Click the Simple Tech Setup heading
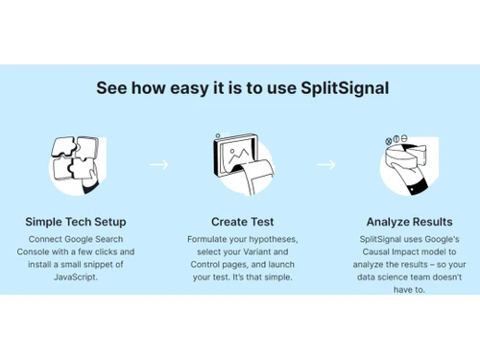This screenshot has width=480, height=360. click(x=76, y=222)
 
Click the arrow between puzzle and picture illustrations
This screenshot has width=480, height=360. click(x=158, y=165)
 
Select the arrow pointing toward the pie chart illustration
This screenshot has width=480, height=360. click(x=325, y=165)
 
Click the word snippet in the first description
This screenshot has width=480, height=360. click(x=106, y=264)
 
